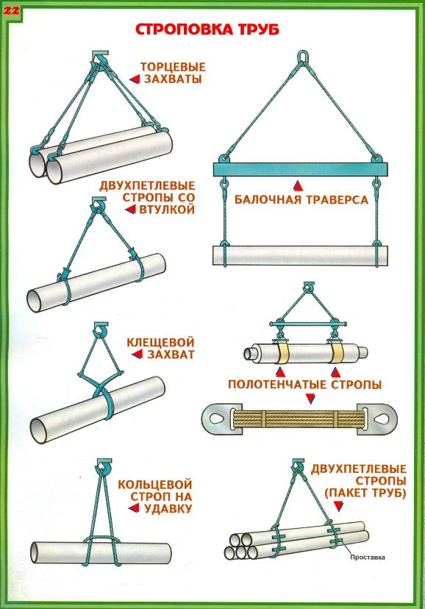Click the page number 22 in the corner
[x=11, y=10]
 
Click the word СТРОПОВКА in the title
[x=184, y=29]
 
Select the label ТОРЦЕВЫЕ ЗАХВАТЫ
[x=172, y=73]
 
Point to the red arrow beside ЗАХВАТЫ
[x=135, y=79]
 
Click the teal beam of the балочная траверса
[x=301, y=170]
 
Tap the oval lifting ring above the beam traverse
[x=302, y=57]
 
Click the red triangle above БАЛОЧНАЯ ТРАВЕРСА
[x=298, y=185]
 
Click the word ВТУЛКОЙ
[x=166, y=210]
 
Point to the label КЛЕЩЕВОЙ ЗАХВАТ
[x=160, y=348]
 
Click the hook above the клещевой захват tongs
[x=101, y=330]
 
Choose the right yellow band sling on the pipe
[x=337, y=352]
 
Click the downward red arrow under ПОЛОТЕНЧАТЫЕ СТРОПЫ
[x=310, y=399]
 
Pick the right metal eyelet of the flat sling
[x=381, y=419]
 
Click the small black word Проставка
[x=368, y=557]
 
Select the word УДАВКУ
[x=168, y=508]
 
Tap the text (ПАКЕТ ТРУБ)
[x=365, y=493]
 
